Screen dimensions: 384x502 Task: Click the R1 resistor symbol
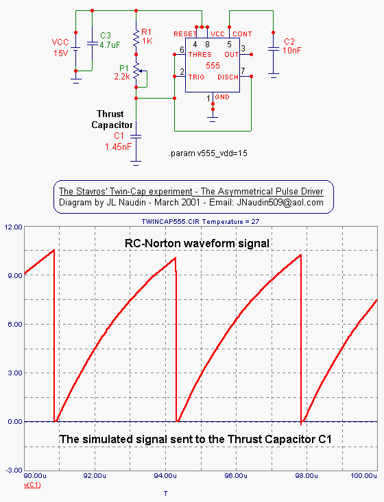[136, 38]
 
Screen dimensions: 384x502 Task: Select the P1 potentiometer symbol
[138, 72]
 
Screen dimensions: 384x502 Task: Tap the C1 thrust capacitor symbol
[136, 137]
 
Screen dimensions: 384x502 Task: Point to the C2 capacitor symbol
[274, 49]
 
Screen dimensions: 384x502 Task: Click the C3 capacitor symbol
[93, 43]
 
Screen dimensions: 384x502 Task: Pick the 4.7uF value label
[110, 45]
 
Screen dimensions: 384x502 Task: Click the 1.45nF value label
[118, 147]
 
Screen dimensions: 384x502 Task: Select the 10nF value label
[291, 50]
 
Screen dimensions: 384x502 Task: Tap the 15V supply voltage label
[61, 53]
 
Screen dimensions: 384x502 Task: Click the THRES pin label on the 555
[200, 54]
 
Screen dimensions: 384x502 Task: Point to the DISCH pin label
[228, 77]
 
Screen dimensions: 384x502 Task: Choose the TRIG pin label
[196, 77]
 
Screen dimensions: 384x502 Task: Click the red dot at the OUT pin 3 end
[251, 55]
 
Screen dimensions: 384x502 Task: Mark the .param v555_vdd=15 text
[208, 153]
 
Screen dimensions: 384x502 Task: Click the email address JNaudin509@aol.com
[280, 202]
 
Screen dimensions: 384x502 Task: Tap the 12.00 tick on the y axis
[13, 227]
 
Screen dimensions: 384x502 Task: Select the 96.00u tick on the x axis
[236, 476]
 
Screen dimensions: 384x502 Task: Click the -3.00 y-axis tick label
[14, 470]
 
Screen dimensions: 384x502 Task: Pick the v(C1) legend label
[32, 485]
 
